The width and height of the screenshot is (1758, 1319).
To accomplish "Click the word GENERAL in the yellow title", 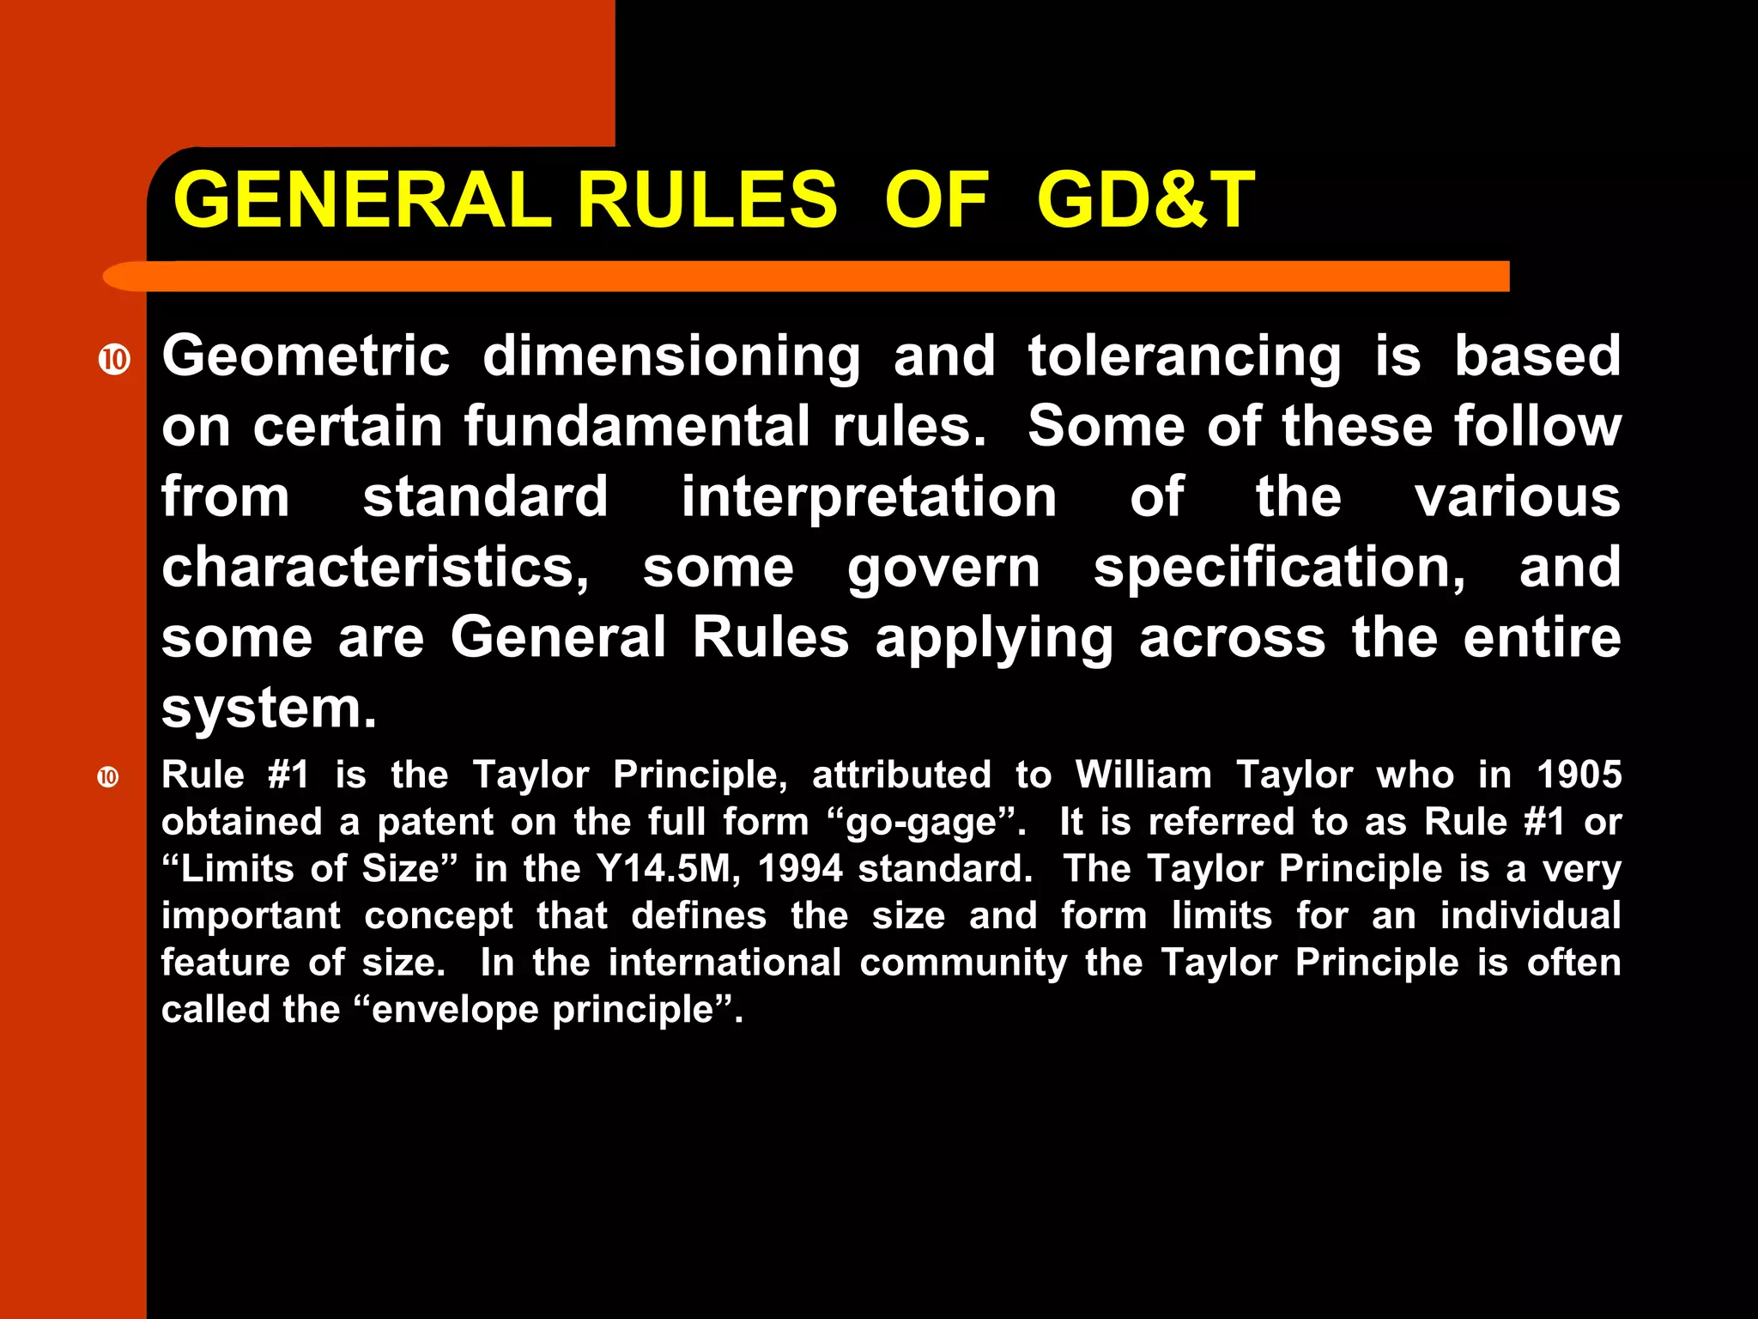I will pyautogui.click(x=361, y=200).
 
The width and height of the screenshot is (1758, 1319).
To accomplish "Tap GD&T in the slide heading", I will pyautogui.click(x=1145, y=200).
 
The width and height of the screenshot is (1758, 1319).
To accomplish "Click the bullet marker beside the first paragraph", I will pyautogui.click(x=114, y=359).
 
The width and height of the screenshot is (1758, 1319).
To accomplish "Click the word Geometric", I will pyautogui.click(x=306, y=356).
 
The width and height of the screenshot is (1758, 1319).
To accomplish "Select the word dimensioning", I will pyautogui.click(x=671, y=356).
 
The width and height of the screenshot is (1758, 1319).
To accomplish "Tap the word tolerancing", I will pyautogui.click(x=1185, y=356).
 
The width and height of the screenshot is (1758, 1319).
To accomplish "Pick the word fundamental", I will pyautogui.click(x=637, y=427).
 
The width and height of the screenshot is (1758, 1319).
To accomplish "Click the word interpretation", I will pyautogui.click(x=869, y=497).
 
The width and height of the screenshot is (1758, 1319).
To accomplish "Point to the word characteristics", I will pyautogui.click(x=375, y=568).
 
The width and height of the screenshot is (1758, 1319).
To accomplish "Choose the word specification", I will pyautogui.click(x=1279, y=568).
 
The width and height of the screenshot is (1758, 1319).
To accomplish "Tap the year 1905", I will pyautogui.click(x=1579, y=775).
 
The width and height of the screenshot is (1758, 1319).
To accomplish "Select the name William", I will pyautogui.click(x=1143, y=775).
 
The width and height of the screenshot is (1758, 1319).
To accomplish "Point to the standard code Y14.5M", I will pyautogui.click(x=668, y=869).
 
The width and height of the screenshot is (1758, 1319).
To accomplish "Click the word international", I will pyautogui.click(x=724, y=963).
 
